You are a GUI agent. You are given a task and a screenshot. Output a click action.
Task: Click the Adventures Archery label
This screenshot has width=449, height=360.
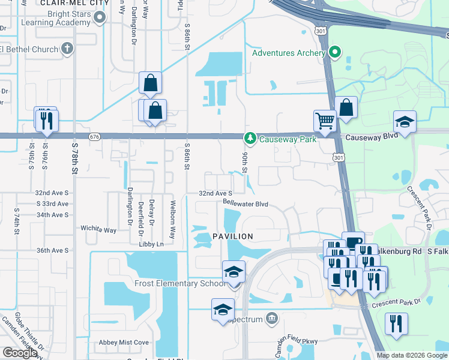coord(289,53)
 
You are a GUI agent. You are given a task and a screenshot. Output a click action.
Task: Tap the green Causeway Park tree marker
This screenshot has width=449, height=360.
coord(250,139)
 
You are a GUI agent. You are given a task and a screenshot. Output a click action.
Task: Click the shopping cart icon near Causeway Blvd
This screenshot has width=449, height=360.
coord(325,120)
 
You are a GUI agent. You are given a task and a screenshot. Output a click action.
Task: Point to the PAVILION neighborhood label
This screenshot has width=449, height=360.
coord(233,237)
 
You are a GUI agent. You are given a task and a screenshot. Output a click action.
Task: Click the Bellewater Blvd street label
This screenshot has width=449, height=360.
coord(245,204)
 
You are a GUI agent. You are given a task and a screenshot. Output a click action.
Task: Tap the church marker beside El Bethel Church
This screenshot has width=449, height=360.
coord(67,49)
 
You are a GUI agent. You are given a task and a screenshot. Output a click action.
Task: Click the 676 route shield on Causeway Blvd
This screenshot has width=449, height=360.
coord(94,137)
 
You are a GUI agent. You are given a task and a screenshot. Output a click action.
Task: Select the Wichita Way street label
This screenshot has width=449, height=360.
coord(98,229)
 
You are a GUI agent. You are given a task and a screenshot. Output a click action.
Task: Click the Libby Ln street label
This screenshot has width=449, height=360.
coord(151,244)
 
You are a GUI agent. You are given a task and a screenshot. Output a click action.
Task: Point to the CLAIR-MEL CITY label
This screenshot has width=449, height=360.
coord(74,3)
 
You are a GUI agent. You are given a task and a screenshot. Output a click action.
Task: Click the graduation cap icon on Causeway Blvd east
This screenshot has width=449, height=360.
coord(405,122)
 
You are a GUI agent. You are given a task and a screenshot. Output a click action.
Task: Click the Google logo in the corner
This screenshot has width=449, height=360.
coord(20,353)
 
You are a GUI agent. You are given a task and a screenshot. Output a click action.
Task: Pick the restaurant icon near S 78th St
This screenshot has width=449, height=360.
coord(46,121)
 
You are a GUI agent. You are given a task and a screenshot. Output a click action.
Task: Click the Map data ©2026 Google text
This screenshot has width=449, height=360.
coord(411,355)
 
